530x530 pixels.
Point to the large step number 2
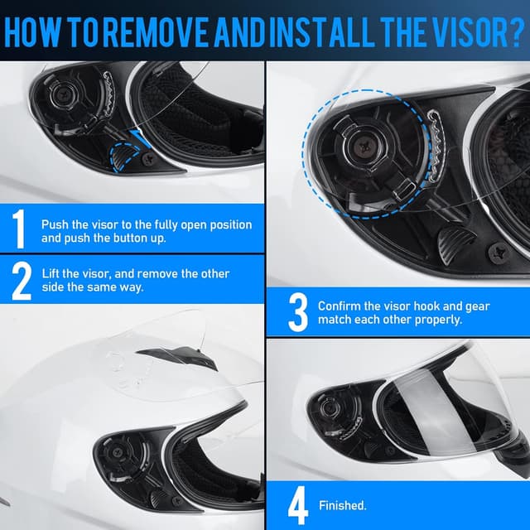[x=21, y=280]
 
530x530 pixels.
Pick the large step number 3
[x=297, y=313]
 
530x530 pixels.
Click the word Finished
[x=343, y=505]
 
